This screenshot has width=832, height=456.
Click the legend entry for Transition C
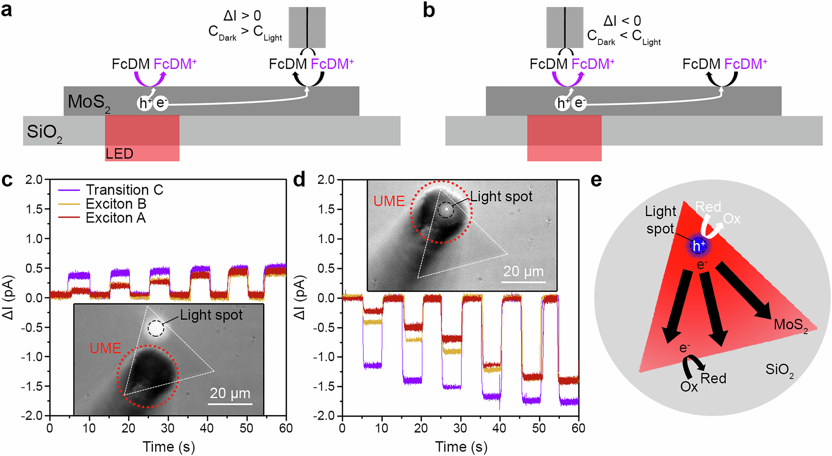(x=124, y=190)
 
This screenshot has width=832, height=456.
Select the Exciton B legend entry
(x=116, y=204)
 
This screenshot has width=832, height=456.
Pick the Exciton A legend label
(x=116, y=218)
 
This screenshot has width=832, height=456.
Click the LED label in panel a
(x=119, y=154)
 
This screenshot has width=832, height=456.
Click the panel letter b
(x=428, y=10)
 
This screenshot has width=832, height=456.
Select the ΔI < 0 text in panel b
(x=622, y=21)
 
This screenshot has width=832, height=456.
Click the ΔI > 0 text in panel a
(x=242, y=16)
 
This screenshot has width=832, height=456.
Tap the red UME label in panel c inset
(x=105, y=348)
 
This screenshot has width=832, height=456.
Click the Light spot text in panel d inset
(x=501, y=196)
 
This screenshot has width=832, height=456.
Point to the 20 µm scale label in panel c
(x=230, y=393)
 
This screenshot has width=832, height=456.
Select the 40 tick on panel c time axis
(x=207, y=428)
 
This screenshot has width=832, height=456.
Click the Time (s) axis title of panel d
(x=461, y=447)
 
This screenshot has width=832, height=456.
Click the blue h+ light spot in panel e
(x=698, y=246)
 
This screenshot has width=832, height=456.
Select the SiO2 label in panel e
(x=779, y=370)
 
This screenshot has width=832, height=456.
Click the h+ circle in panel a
(x=144, y=103)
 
